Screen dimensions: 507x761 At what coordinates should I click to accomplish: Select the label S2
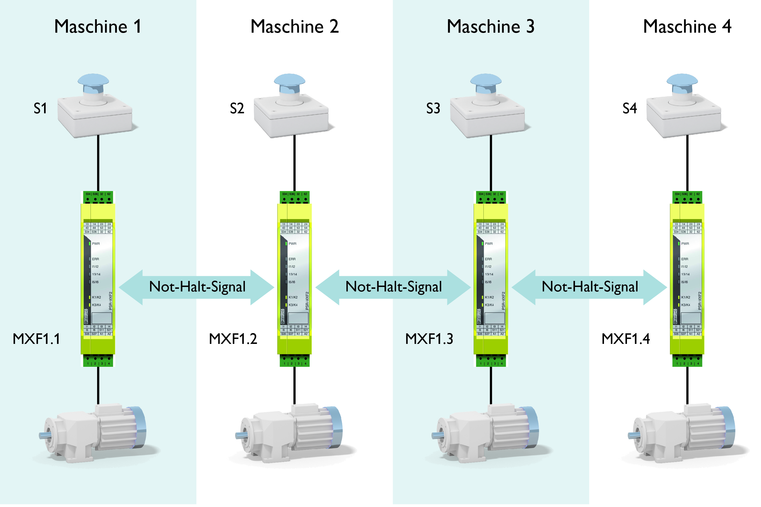tap(237, 109)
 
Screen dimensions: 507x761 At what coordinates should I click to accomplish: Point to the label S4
tap(630, 109)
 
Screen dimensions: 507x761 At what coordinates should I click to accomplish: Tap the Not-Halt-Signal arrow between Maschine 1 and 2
tap(197, 287)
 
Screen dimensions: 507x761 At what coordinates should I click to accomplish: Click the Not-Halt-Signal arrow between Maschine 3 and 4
tap(589, 287)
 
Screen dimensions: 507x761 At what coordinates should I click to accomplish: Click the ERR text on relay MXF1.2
tap(292, 259)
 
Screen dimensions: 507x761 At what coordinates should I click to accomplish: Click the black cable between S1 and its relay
tap(98, 163)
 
